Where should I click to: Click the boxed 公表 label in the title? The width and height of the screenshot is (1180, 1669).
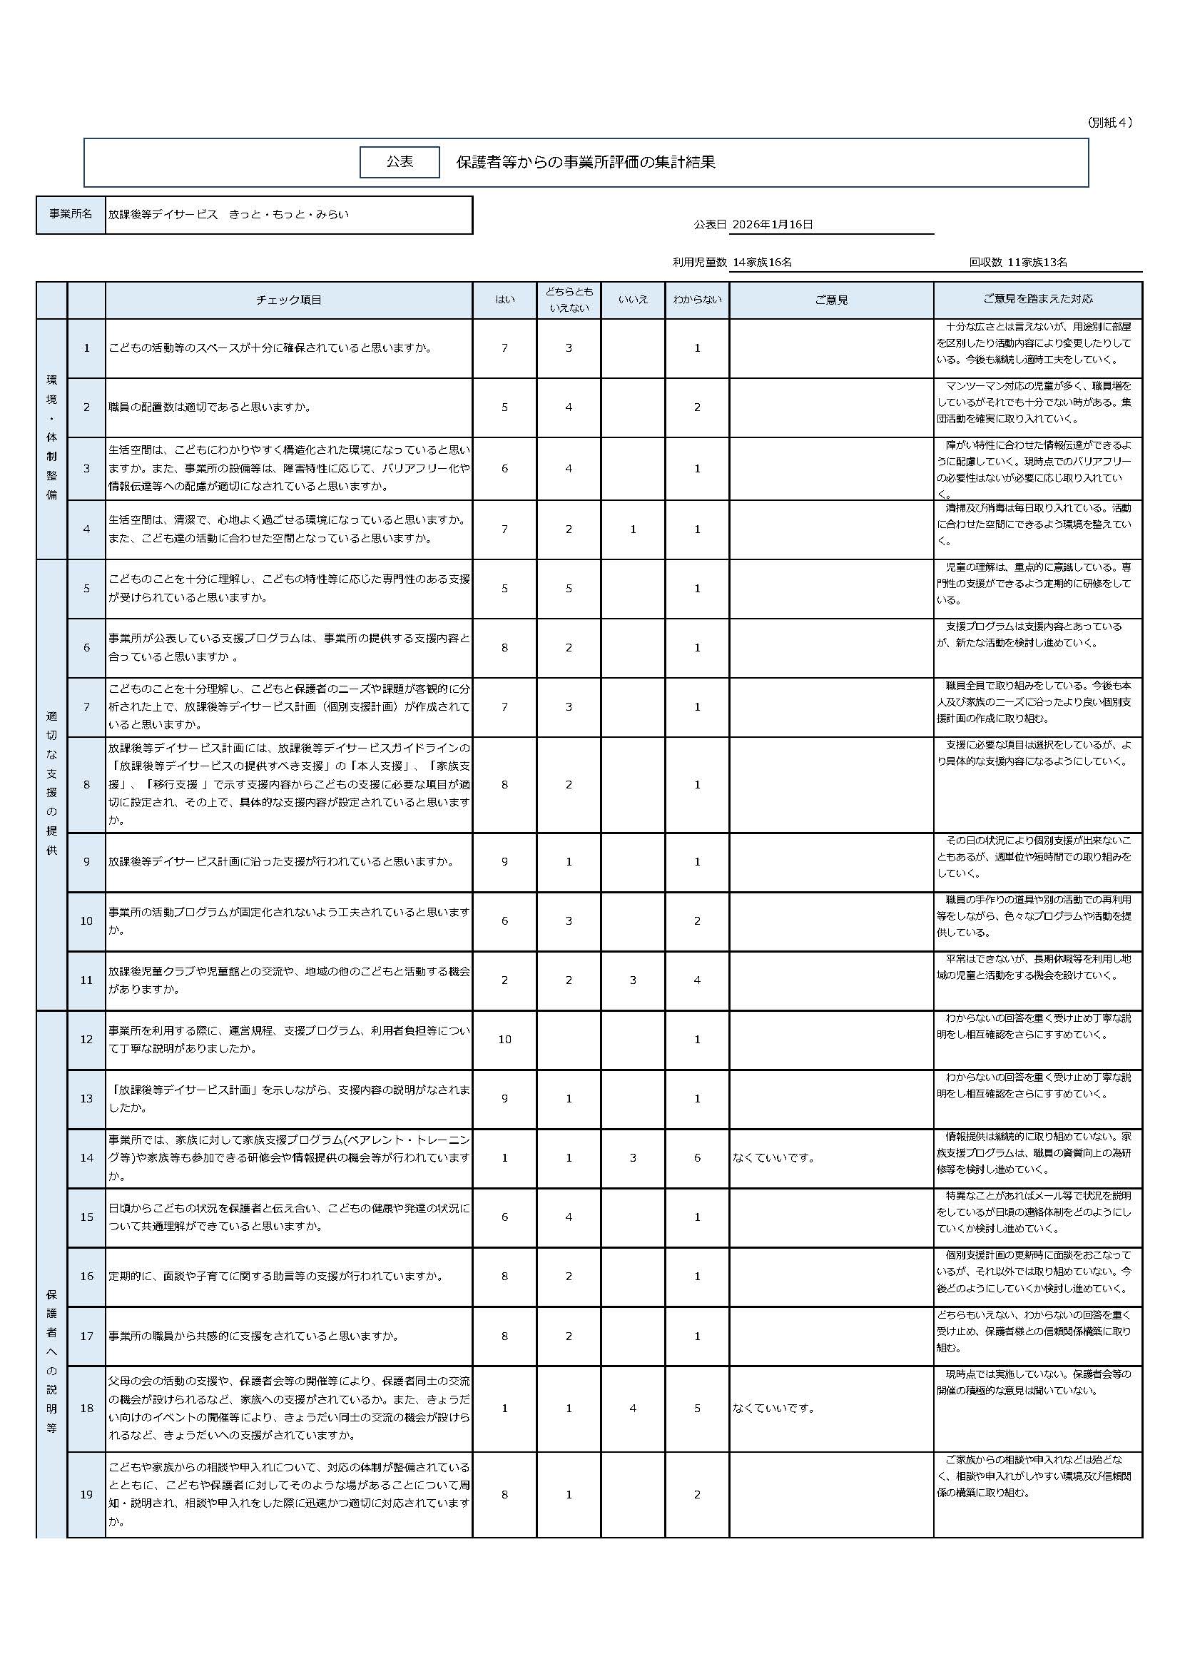click(400, 161)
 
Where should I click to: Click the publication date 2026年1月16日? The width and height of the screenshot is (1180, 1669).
click(772, 224)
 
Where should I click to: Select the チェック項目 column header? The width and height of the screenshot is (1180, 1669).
click(288, 300)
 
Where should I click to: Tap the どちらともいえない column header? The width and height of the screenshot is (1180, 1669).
click(569, 300)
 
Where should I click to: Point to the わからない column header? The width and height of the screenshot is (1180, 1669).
click(697, 300)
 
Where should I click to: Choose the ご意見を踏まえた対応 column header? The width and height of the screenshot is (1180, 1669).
click(1037, 299)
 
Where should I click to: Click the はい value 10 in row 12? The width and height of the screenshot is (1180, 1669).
click(504, 1040)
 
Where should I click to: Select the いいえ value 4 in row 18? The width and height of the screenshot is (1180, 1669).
click(633, 1408)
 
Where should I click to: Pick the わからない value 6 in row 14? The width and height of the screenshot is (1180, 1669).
click(697, 1157)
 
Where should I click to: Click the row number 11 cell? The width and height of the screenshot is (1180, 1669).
click(86, 980)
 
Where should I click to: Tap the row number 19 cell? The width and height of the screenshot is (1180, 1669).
click(86, 1495)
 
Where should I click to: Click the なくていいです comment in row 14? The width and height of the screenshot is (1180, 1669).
click(773, 1157)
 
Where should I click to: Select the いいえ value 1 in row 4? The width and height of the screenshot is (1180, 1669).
click(633, 529)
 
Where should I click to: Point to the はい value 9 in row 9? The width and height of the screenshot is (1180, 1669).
click(504, 861)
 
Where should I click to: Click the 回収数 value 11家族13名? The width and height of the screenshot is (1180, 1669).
click(1037, 263)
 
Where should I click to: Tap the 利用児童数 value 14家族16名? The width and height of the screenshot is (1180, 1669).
click(762, 263)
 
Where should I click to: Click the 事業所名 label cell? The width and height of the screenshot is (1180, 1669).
click(71, 215)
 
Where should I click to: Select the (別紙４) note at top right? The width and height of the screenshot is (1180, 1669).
click(1109, 123)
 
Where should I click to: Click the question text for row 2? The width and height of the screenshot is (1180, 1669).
click(210, 407)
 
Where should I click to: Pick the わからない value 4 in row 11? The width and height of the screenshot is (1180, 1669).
click(697, 980)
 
